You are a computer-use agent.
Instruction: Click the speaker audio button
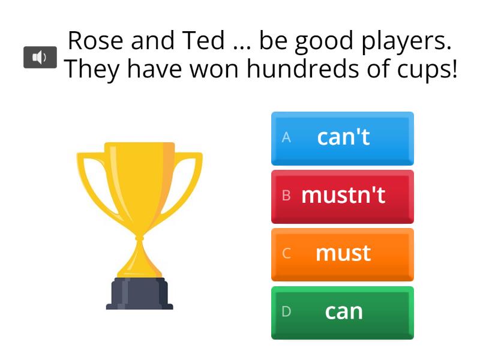click(40, 58)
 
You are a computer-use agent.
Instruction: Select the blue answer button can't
click(342, 138)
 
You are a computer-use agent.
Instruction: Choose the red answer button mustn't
click(342, 196)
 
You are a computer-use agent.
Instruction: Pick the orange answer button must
click(342, 254)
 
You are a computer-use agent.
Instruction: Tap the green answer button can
click(342, 312)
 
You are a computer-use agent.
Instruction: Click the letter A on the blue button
click(286, 137)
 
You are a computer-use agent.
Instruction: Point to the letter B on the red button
click(286, 196)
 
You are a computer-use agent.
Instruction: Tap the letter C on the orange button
click(286, 254)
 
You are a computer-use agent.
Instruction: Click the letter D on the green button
click(286, 312)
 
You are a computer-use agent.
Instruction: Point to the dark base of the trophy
click(139, 293)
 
